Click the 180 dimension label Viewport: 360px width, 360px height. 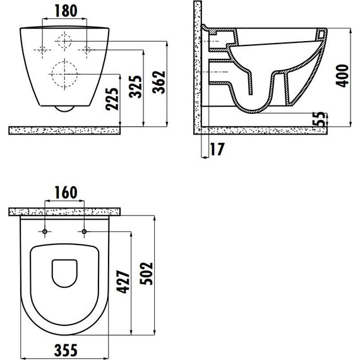click(x=66, y=11)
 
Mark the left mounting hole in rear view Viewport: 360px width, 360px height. click(x=42, y=49)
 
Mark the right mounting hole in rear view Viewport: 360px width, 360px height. click(x=87, y=49)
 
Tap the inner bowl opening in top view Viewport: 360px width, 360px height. click(x=64, y=272)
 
